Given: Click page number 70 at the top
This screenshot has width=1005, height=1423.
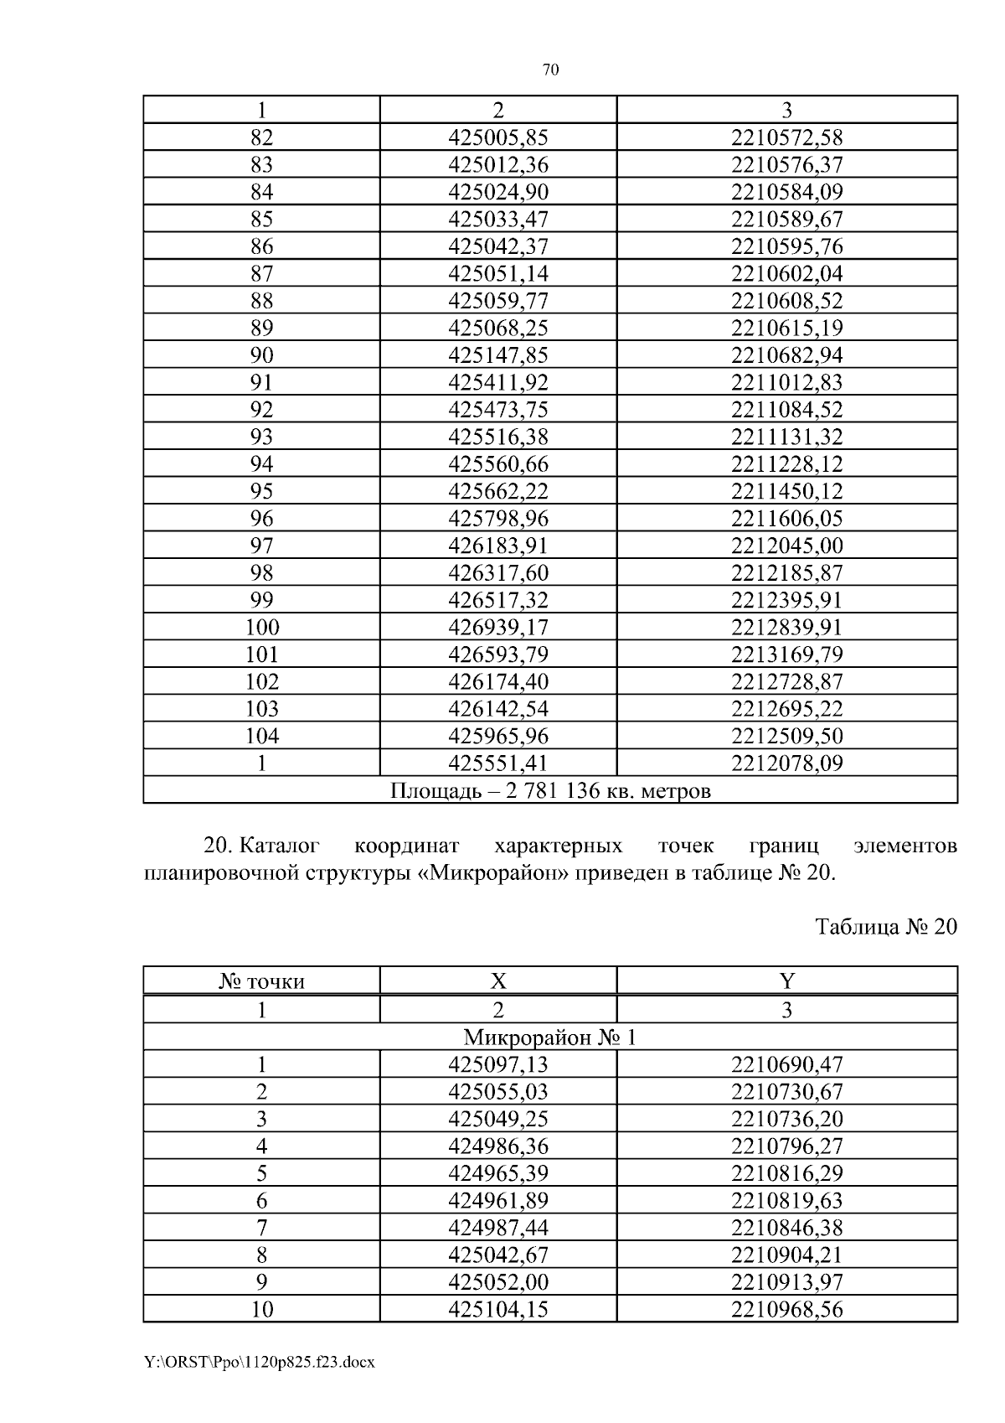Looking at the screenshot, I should coord(550,70).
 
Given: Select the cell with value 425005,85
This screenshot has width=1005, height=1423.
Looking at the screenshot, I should coord(498,137).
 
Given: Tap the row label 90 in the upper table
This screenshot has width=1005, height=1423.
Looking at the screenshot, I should coord(261,355).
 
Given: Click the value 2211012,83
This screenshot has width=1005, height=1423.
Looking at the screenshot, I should coord(786,383).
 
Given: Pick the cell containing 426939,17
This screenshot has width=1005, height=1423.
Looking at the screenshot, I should coord(498,628).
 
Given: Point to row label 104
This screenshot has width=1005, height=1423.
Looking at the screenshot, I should coord(261,737).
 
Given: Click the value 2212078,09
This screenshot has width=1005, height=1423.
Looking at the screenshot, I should coord(786,763).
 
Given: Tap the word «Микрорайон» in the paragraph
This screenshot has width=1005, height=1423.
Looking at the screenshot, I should coord(488,873).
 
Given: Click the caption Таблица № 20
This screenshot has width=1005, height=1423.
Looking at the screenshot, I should coord(885,927).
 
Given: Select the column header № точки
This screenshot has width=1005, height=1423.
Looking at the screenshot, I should coord(261,981).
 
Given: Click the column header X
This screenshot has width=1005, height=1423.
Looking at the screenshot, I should coord(498,981).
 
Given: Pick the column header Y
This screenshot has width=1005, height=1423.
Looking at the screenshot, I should coord(786,981).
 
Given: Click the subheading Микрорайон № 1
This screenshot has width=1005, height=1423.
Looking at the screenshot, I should coord(550,1038).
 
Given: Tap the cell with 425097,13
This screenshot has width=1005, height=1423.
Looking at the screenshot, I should coord(498,1065).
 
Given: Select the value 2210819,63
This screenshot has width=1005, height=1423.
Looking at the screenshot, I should coord(786,1201).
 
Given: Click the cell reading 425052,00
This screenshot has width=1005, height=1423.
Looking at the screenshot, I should coord(498,1282).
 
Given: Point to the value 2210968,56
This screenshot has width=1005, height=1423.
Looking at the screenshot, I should coord(786,1309).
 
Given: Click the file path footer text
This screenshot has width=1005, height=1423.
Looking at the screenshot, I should coord(259,1363).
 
